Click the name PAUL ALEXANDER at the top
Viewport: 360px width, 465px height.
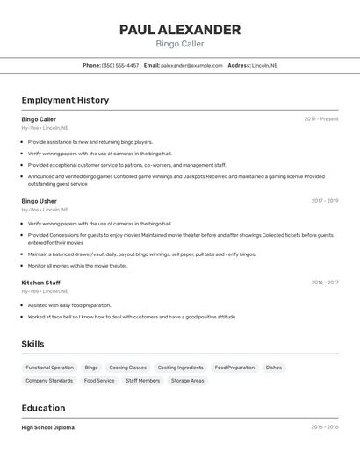click(x=179, y=30)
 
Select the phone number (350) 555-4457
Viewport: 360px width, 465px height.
click(x=120, y=65)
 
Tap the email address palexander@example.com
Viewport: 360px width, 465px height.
click(x=191, y=65)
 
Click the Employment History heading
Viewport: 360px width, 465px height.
click(x=65, y=100)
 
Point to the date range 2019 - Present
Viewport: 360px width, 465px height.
click(x=321, y=119)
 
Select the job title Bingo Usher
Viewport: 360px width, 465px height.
click(x=40, y=201)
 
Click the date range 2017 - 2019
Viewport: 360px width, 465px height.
click(x=325, y=201)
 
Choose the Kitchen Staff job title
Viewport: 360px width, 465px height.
click(x=41, y=283)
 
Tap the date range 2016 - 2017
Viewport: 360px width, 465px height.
click(x=325, y=283)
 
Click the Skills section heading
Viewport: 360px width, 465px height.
click(x=33, y=344)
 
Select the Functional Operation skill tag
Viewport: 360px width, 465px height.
click(x=50, y=368)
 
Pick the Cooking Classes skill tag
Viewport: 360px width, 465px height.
click(x=128, y=368)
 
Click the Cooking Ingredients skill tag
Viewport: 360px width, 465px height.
click(x=180, y=368)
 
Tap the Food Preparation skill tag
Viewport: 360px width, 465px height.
click(x=234, y=368)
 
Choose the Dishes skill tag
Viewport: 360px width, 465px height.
click(x=274, y=368)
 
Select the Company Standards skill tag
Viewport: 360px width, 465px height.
click(x=49, y=381)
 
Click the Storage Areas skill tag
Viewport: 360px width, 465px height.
click(x=187, y=381)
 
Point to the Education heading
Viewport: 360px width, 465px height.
click(x=43, y=408)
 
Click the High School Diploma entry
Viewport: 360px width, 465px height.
click(x=48, y=427)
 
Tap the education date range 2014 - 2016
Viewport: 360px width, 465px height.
click(x=325, y=427)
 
